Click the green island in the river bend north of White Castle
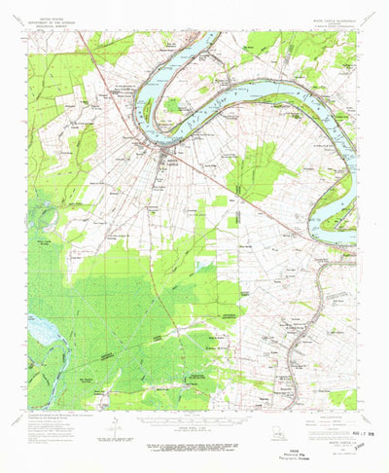(173, 104)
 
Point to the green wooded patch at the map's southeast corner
(342, 398)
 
